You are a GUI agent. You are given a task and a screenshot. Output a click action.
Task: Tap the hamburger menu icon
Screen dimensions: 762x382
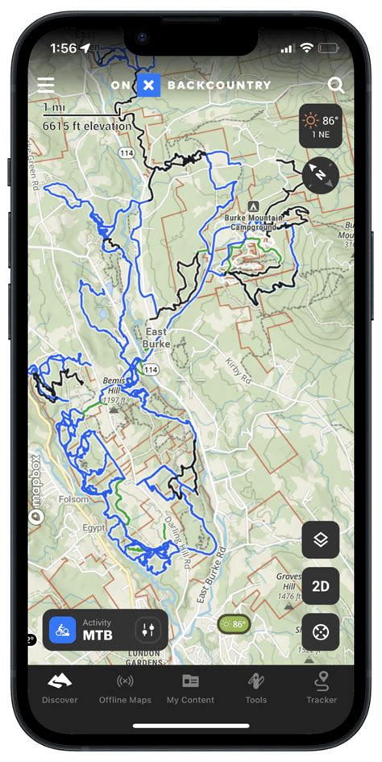coord(46,85)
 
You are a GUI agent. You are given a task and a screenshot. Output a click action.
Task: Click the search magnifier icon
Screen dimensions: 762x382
coord(336,85)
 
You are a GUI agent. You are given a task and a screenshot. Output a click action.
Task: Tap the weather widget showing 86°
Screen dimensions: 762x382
coord(321,127)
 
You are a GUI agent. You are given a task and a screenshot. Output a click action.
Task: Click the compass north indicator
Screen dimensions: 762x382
coord(321,174)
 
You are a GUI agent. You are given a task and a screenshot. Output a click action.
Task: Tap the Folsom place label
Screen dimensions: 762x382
coord(74,499)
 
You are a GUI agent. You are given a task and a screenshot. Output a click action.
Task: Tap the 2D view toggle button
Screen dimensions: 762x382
coord(320,585)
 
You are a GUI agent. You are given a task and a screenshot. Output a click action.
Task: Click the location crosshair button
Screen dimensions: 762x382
coord(320,631)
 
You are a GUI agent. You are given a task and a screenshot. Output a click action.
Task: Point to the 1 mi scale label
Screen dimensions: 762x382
coord(54,106)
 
